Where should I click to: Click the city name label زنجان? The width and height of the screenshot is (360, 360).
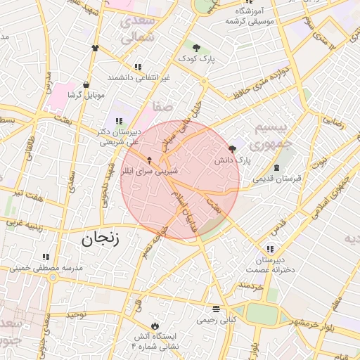pos(100,238)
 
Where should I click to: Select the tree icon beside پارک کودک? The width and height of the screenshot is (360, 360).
pos(196,48)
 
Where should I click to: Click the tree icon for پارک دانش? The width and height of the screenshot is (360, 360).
pos(233,148)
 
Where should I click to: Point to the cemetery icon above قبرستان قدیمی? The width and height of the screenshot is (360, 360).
pos(276,167)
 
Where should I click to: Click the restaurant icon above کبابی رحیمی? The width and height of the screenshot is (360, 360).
pos(215,309)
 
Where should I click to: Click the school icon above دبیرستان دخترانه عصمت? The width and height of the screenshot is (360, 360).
pos(270,249)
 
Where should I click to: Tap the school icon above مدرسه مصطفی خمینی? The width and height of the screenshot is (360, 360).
pos(46,257)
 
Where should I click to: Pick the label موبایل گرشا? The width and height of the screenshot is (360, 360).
pos(86,94)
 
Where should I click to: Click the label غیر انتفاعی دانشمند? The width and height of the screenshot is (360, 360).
pos(139,77)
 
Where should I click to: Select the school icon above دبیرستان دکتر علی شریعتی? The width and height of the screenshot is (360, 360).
pos(118,121)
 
